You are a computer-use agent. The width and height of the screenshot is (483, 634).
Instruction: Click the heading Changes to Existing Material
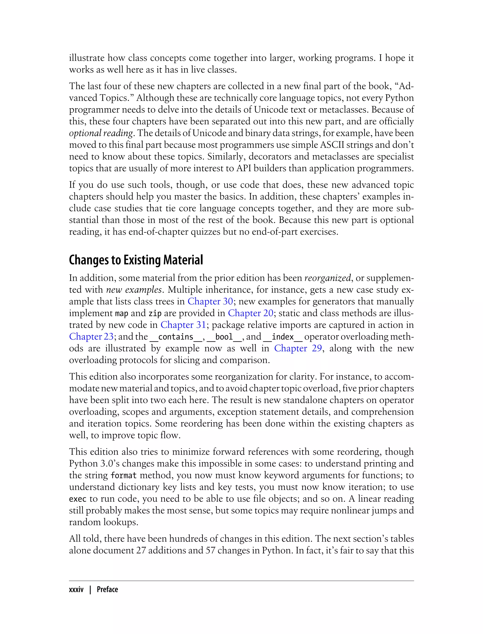tap(136, 260)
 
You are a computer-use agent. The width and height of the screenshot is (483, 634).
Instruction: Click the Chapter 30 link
tap(210, 301)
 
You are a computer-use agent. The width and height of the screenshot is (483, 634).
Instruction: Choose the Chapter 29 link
tap(298, 348)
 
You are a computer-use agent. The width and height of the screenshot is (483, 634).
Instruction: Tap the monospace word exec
tap(78, 499)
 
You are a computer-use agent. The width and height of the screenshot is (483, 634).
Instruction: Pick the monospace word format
tap(123, 475)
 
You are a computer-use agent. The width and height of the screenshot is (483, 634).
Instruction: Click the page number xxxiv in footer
tap(76, 589)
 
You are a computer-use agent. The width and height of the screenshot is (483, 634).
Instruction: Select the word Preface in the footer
tap(107, 589)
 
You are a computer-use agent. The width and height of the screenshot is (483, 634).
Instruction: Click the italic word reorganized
tap(327, 278)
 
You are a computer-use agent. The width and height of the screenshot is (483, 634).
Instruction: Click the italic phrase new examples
tap(134, 290)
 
